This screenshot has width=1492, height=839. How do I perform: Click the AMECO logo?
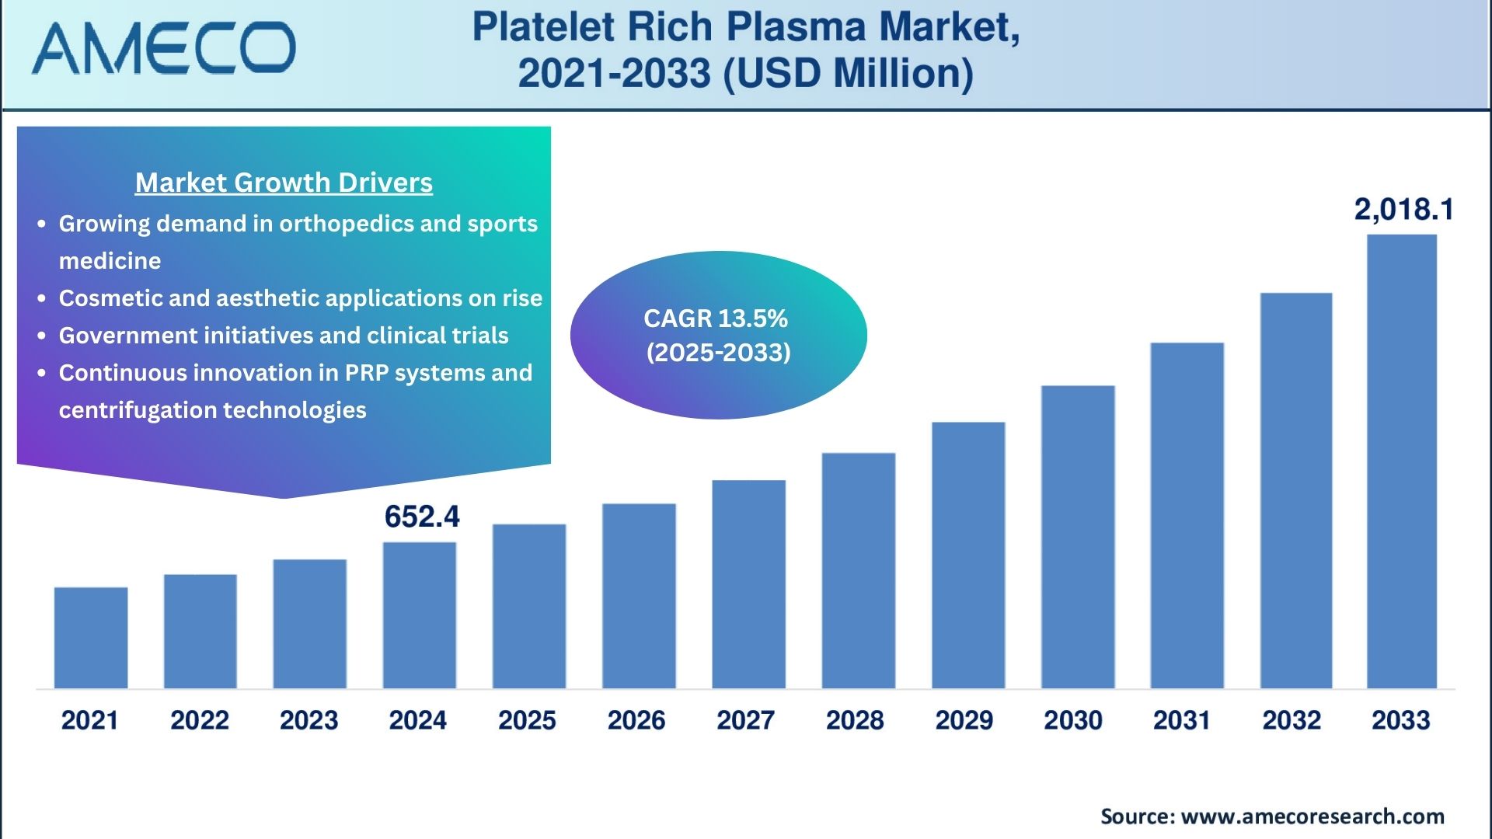coord(163,48)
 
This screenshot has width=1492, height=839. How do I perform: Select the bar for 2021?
coord(91,637)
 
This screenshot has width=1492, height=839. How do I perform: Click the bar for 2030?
coord(1078,536)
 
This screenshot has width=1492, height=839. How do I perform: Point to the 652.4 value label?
coord(422,517)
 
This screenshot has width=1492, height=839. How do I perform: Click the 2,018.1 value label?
coord(1403,209)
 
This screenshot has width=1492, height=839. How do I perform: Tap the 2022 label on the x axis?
coord(200,720)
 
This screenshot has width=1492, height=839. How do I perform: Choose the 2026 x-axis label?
coord(636,720)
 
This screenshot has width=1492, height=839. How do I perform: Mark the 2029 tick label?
coord(964,720)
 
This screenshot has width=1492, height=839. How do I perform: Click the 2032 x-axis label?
coord(1292,720)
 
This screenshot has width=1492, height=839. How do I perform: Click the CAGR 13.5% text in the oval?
coord(716,319)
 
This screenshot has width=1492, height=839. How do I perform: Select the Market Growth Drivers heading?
coord(284,183)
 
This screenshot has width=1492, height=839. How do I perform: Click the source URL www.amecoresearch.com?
coord(1312,816)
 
